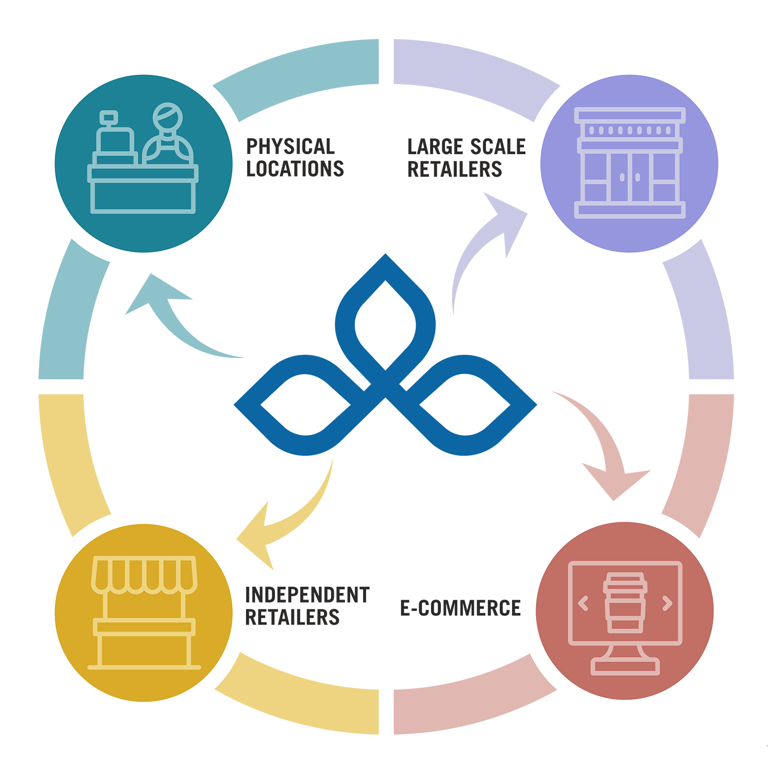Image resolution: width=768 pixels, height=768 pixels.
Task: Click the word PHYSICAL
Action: click(290, 147)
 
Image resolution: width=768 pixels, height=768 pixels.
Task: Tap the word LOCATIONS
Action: click(295, 169)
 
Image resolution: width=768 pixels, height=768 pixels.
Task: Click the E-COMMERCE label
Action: click(460, 608)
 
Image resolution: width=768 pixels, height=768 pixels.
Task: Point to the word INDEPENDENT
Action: click(307, 595)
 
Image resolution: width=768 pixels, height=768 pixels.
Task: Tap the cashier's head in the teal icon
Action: click(168, 117)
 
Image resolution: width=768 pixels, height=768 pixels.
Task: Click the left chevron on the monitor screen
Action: click(583, 604)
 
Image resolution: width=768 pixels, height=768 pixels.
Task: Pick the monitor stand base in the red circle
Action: click(625, 666)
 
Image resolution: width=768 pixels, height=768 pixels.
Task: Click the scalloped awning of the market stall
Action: click(144, 575)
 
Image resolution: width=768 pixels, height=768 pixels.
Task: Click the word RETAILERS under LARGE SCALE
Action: click(454, 169)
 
